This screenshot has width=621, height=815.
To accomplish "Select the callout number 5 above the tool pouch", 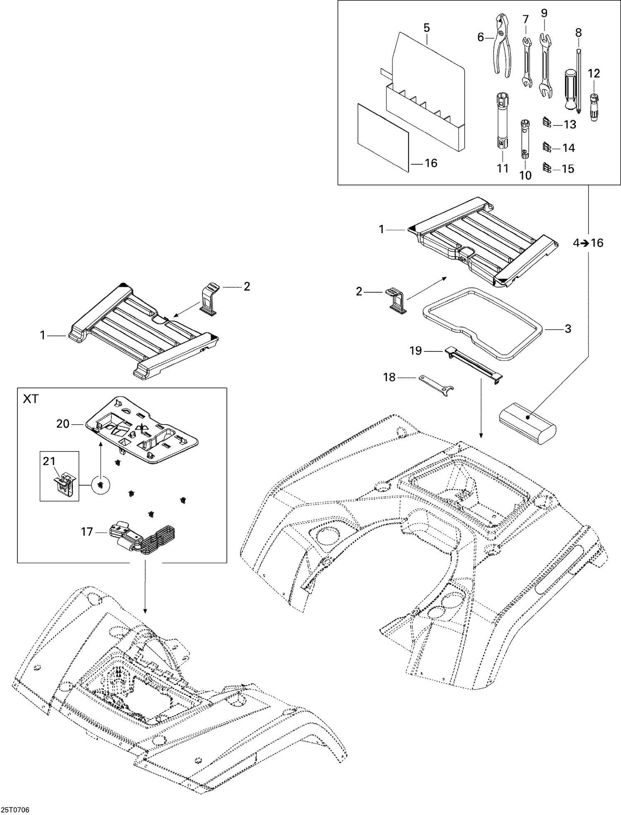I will pyautogui.click(x=426, y=28).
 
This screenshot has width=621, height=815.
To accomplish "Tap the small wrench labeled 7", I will pyautogui.click(x=526, y=62).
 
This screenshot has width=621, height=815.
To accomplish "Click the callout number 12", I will pyautogui.click(x=594, y=73).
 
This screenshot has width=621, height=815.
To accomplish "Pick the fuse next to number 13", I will pyautogui.click(x=547, y=123).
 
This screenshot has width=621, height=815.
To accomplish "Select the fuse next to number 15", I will pyautogui.click(x=547, y=167).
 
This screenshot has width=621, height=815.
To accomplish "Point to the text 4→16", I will pyautogui.click(x=588, y=243).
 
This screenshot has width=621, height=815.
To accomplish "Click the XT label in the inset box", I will pyautogui.click(x=31, y=399).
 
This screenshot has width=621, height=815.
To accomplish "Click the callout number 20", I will pyautogui.click(x=63, y=423).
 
